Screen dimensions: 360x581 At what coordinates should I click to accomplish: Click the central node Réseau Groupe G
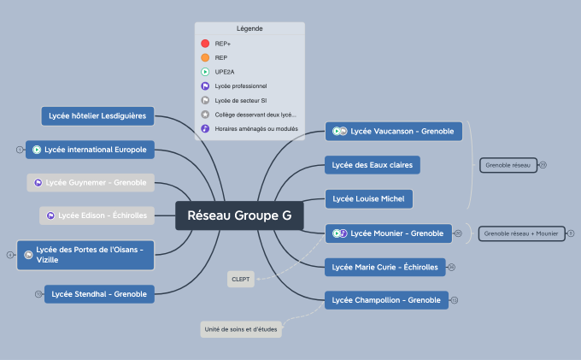[239, 216]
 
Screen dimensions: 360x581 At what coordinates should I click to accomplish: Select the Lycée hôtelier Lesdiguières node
[97, 115]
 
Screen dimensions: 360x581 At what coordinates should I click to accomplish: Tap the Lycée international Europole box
[90, 150]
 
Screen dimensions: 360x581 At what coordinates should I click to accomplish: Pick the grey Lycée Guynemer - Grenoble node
[90, 182]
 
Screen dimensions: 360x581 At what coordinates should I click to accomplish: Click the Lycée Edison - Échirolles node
[97, 215]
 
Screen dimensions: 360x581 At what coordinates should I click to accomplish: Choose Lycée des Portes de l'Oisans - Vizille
[85, 254]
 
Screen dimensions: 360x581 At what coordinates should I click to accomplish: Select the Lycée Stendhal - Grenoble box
[99, 294]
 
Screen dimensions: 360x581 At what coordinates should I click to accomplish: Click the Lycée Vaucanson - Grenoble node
[394, 131]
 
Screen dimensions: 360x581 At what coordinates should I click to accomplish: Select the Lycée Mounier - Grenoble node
[389, 233]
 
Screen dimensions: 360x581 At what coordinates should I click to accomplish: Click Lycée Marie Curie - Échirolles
[385, 267]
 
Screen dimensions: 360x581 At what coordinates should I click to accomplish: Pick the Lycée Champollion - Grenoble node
[387, 300]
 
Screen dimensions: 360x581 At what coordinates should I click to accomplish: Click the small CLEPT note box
[240, 279]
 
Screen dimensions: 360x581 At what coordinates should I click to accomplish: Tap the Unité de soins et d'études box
[241, 329]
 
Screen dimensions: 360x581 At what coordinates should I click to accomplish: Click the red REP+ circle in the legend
[205, 43]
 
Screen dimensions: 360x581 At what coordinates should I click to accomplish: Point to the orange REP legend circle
[205, 57]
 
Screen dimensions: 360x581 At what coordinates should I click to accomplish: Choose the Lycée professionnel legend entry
[240, 86]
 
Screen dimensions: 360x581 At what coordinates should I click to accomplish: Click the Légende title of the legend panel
[249, 28]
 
